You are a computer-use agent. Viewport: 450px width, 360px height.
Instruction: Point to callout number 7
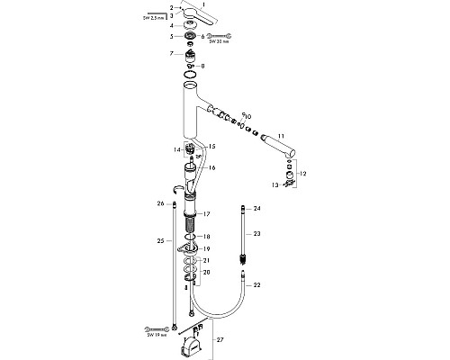pyautogui.click(x=170, y=54)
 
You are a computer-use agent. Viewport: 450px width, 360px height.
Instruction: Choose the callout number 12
pyautogui.click(x=301, y=172)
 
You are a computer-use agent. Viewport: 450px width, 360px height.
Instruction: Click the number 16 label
pyautogui.click(x=213, y=168)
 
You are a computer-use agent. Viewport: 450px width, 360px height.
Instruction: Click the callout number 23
pyautogui.click(x=256, y=233)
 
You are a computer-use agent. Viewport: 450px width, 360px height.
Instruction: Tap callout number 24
pyautogui.click(x=256, y=209)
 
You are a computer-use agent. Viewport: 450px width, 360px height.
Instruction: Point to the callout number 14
pyautogui.click(x=177, y=148)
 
